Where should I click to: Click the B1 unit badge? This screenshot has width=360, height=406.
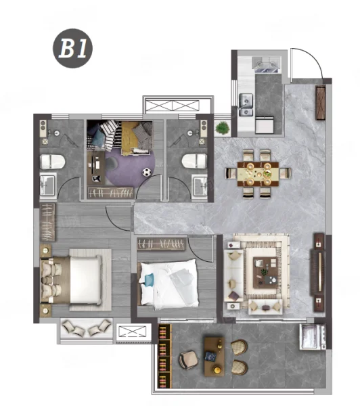point(73,49)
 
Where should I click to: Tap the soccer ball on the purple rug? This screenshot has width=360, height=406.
point(147,172)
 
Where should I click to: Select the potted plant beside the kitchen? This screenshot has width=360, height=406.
point(223,128)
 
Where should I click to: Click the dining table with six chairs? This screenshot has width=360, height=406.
point(258,174)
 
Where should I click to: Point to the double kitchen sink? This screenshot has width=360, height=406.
point(246,104)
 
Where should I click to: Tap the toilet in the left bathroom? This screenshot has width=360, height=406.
point(53,162)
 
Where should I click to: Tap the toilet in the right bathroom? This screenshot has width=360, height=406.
point(194,161)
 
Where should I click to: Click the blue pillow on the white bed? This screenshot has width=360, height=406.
point(148,280)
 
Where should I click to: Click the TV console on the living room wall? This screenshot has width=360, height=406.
point(319,273)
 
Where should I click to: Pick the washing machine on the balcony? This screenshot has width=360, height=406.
point(313,336)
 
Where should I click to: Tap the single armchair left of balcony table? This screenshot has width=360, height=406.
point(188,360)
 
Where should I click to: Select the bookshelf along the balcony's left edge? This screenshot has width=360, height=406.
point(164,356)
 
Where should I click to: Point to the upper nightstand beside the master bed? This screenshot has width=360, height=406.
point(46,250)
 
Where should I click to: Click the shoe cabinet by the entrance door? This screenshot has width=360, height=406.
point(321,103)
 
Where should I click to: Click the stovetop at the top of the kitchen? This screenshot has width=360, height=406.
point(267,65)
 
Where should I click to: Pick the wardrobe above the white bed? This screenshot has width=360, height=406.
point(161,244)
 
